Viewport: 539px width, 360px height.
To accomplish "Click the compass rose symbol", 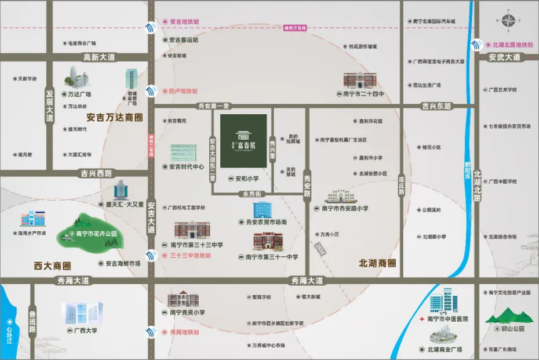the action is [x=509, y=22].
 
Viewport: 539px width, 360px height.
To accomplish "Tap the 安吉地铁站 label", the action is [x=184, y=22].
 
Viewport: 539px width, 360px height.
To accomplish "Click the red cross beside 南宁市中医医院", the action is [x=422, y=319].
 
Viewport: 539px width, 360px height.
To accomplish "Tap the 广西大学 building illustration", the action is [x=82, y=314].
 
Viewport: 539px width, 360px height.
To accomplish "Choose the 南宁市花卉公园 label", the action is [x=97, y=234].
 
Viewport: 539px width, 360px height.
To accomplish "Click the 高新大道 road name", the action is [x=99, y=57].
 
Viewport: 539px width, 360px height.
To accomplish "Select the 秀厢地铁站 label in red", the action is [x=184, y=332].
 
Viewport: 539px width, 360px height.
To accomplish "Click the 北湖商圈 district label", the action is [x=378, y=263].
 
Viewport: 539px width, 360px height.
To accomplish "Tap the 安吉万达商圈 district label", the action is [x=114, y=117].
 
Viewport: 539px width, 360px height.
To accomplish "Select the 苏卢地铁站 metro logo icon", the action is [x=151, y=91].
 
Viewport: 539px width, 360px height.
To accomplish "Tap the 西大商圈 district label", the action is [x=52, y=266].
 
